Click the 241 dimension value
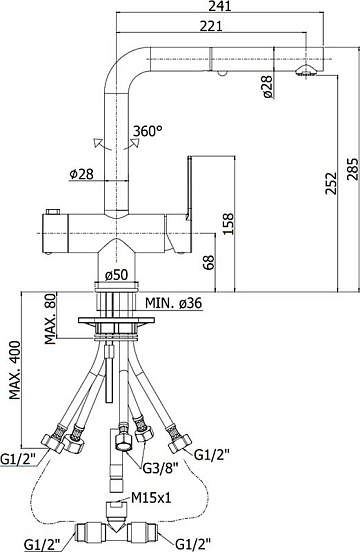coord(220,6)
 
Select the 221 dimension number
coord(211,26)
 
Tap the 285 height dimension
coord(353,168)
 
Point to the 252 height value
coord(331,183)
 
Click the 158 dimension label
coord(228,224)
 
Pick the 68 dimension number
coord(209,262)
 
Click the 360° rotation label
coord(148,131)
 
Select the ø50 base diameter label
coord(116,275)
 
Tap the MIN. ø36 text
coord(174,302)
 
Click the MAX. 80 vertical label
coord(50,319)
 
